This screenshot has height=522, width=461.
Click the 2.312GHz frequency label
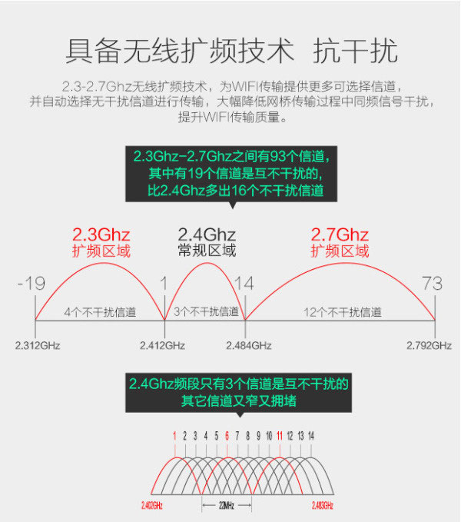(x=38, y=345)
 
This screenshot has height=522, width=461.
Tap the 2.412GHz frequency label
(x=162, y=345)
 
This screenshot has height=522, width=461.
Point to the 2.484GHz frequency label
(x=249, y=345)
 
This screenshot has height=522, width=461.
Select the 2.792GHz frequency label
(x=429, y=345)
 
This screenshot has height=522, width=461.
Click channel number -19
(x=32, y=284)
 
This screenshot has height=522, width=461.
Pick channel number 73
(x=432, y=284)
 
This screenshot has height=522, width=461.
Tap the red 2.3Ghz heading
(x=101, y=235)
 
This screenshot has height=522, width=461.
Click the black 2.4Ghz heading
(x=207, y=235)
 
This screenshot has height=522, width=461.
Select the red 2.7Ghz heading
(x=340, y=235)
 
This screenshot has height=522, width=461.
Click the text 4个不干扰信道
(x=100, y=312)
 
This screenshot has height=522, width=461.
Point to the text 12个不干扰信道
(x=343, y=312)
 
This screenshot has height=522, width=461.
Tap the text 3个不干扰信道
(x=206, y=311)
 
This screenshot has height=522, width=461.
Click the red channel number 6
(x=227, y=436)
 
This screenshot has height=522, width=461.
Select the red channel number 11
(x=280, y=436)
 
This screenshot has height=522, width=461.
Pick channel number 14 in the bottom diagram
(x=311, y=436)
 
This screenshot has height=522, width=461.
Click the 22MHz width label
(x=227, y=506)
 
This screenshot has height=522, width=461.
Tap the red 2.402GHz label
(x=152, y=506)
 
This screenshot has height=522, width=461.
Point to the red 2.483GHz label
(x=322, y=506)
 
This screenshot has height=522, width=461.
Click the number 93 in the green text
(x=277, y=156)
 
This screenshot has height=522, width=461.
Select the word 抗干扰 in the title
(x=355, y=51)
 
